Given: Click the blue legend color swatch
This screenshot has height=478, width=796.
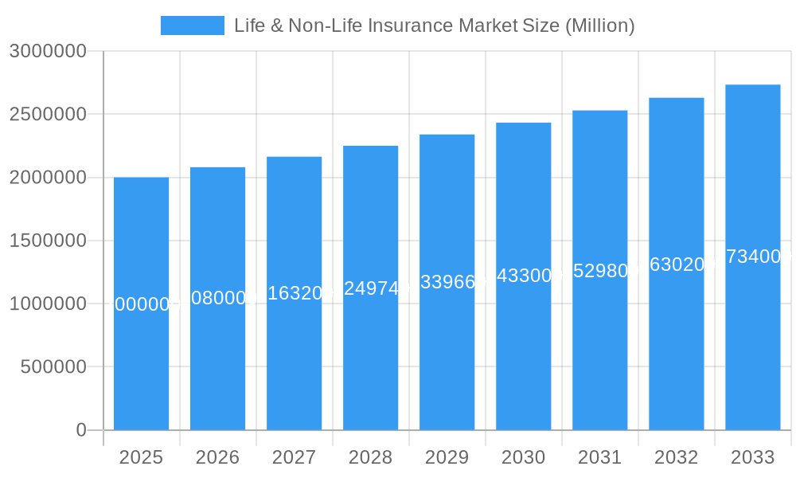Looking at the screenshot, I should pos(192,25).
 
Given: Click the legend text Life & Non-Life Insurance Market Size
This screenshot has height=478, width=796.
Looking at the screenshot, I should pos(434,25).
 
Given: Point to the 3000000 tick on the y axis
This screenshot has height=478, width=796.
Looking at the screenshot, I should pos(48,51).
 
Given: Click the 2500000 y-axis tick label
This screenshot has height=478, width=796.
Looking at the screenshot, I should pos(48,114).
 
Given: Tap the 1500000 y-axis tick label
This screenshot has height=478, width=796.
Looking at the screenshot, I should pos(48,241).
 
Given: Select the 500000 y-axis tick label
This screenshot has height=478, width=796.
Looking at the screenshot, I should pos(53,367).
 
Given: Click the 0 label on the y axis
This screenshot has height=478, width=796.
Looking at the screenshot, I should pos(81,430).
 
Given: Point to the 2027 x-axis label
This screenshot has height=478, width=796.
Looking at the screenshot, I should pos(294,457).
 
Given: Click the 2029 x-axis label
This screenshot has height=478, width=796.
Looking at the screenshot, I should pos(447,457).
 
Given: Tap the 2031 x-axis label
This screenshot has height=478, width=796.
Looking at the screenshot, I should pos(599,457).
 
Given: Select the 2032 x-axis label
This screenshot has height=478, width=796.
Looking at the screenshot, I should pos(676,457).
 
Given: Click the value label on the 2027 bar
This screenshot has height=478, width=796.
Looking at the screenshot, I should pos(294,293).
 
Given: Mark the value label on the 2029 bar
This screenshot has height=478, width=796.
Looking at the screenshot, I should pos(447,282).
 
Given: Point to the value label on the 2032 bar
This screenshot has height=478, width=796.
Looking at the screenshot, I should pos(676,264).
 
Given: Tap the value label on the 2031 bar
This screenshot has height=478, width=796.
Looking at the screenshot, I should pos(599,271).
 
